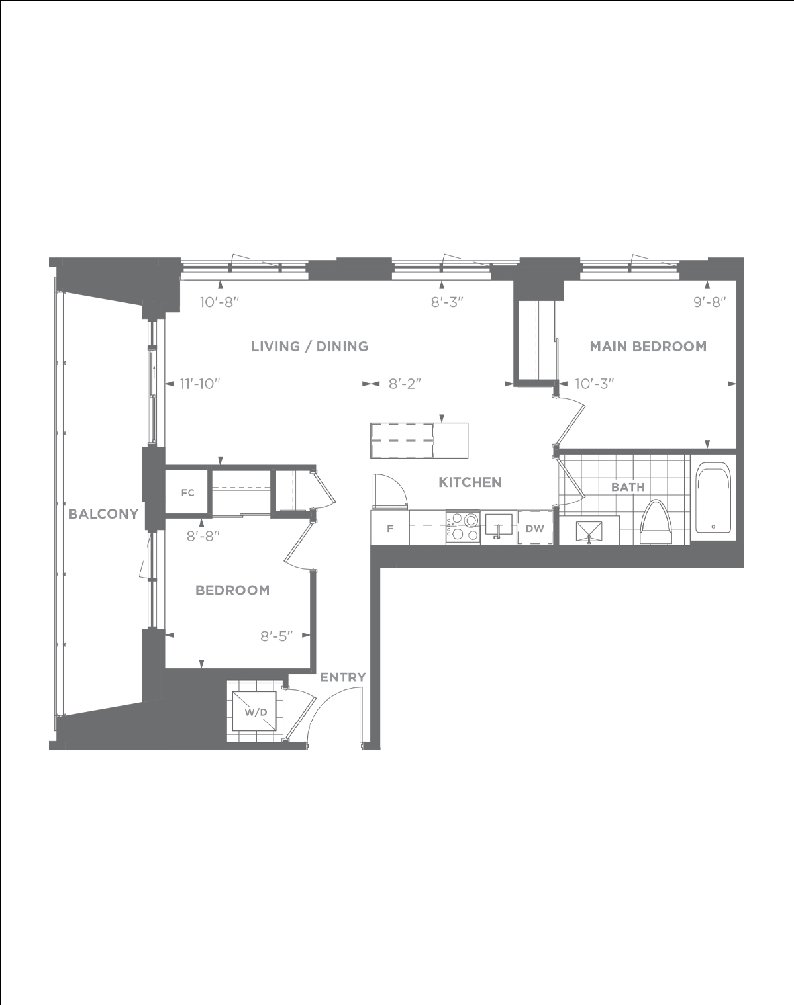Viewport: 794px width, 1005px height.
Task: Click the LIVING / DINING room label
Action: [309, 347]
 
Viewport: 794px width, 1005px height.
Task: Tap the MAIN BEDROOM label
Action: [648, 347]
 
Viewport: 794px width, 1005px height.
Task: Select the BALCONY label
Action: [103, 513]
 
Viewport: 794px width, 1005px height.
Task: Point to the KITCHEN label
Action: [470, 482]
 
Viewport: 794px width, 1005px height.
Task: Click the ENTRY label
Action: [343, 677]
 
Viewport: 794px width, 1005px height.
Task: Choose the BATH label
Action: [628, 487]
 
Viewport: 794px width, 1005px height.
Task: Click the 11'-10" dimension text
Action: [200, 384]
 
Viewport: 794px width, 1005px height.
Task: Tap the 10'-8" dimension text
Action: [219, 302]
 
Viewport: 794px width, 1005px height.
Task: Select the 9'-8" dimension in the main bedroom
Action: [709, 302]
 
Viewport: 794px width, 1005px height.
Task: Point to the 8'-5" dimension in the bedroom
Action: [276, 636]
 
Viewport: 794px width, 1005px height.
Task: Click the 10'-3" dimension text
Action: [594, 384]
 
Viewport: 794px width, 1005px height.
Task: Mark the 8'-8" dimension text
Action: [203, 536]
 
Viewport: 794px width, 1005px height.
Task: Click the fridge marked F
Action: [390, 527]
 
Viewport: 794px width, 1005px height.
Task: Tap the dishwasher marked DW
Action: [535, 528]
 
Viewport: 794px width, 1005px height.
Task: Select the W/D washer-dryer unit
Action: [256, 713]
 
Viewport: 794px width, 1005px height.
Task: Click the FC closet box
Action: [187, 492]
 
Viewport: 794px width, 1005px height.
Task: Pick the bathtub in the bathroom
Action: [713, 498]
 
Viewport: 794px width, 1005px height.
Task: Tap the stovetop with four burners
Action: [463, 527]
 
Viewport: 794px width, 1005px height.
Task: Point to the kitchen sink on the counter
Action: [499, 525]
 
